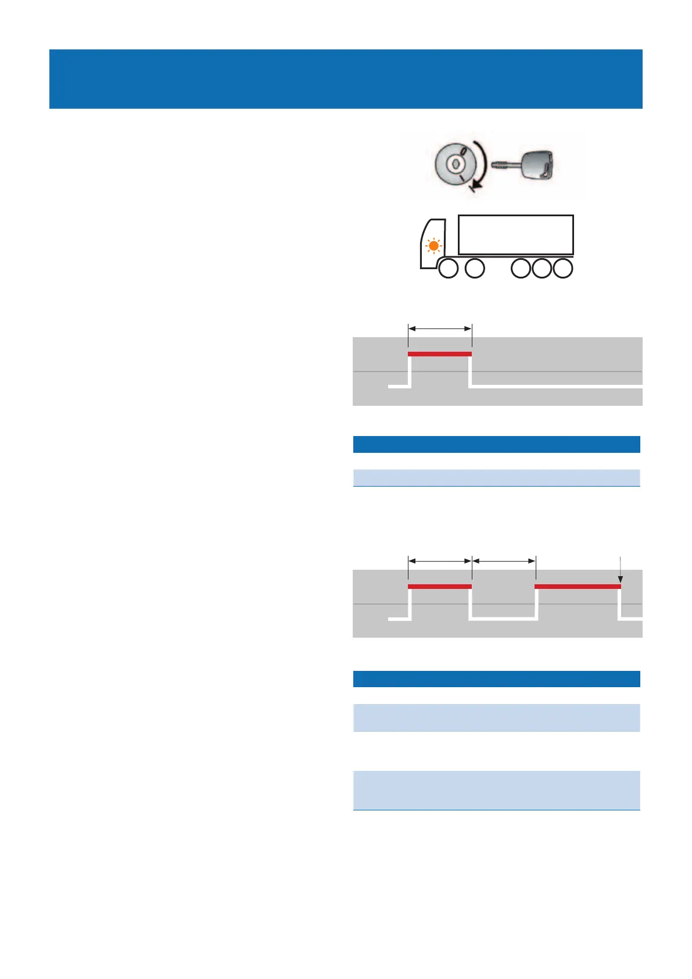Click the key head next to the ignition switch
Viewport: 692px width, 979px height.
pos(539,165)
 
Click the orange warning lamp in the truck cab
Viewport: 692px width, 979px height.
pos(433,246)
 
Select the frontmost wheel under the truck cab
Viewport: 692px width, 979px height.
pos(447,269)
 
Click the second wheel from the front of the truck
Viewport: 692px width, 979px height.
pos(475,269)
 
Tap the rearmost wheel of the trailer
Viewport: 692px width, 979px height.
pos(562,269)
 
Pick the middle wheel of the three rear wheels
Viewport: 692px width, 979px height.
pos(542,269)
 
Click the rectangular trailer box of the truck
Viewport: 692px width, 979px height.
pos(516,235)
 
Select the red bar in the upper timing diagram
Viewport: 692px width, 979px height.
pos(440,353)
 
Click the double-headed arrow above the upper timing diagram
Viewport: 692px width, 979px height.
pos(440,328)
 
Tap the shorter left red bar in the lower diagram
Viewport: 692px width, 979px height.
pos(440,586)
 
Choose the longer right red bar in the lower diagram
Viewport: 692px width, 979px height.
pos(578,586)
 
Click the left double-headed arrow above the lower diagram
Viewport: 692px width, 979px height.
pos(440,561)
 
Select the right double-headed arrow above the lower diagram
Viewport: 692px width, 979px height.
pos(504,561)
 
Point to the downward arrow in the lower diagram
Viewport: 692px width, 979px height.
pos(621,570)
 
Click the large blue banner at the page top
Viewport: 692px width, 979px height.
pos(346,79)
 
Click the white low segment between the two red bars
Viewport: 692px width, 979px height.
pos(503,619)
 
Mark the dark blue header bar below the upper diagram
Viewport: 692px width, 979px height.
pos(497,444)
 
